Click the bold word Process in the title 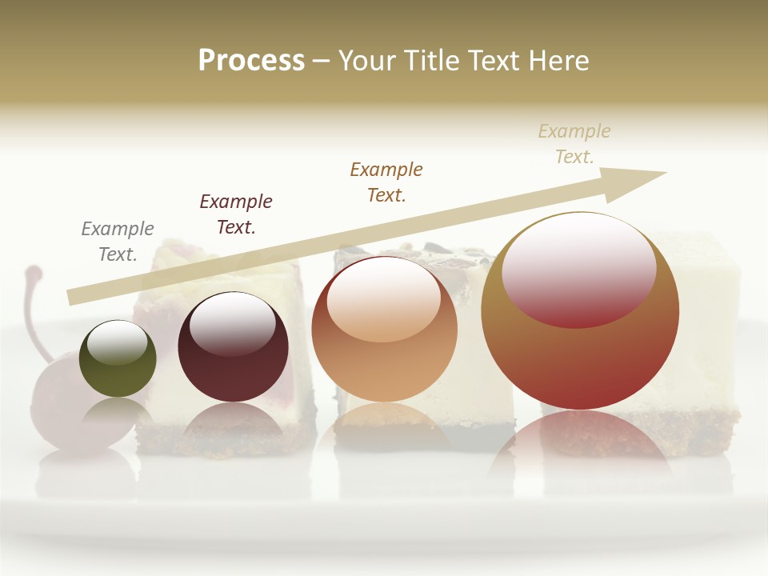point(251,61)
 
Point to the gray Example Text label point(118,242)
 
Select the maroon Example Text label point(236,214)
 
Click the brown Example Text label point(386,182)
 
